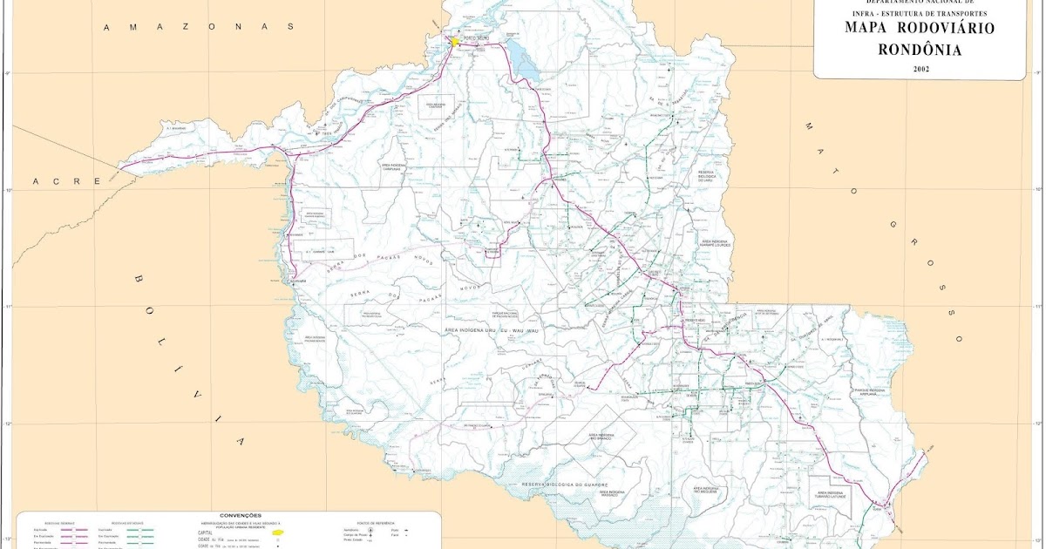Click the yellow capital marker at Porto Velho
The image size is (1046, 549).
pyautogui.click(x=454, y=40)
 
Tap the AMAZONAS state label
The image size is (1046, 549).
pyautogui.click(x=200, y=27)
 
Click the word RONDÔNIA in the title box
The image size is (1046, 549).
pyautogui.click(x=920, y=50)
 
